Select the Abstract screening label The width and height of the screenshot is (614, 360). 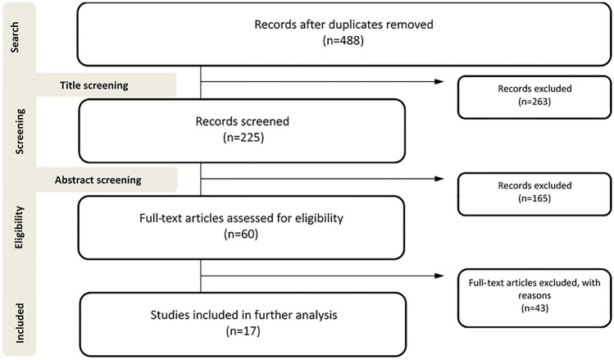point(99,179)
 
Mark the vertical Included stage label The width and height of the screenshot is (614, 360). point(14,322)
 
